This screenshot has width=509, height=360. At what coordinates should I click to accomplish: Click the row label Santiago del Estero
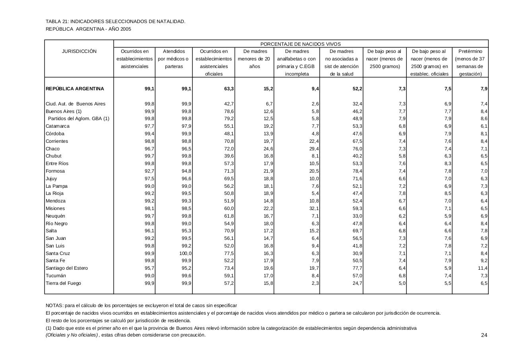pyautogui.click(x=67, y=268)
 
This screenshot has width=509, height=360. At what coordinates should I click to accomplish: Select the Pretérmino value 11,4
pyautogui.click(x=482, y=268)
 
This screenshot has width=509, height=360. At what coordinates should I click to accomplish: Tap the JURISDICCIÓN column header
pyautogui.click(x=79, y=51)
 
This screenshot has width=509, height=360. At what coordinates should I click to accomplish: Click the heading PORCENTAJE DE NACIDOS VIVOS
pyautogui.click(x=300, y=44)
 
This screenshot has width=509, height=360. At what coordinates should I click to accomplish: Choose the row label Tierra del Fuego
pyautogui.click(x=63, y=283)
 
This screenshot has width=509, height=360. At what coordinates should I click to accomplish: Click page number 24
pyautogui.click(x=484, y=335)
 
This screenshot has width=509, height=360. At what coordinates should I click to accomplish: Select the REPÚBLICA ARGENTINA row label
pyautogui.click(x=75, y=89)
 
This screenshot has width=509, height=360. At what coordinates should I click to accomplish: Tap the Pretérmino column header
pyautogui.click(x=470, y=51)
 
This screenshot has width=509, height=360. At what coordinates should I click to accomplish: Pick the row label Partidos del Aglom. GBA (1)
pyautogui.click(x=78, y=119)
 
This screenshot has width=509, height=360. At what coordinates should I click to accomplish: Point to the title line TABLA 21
pyautogui.click(x=115, y=21)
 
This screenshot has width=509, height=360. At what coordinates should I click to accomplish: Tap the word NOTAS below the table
pyautogui.click(x=54, y=306)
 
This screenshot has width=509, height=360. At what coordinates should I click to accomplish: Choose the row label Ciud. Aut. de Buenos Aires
pyautogui.click(x=76, y=104)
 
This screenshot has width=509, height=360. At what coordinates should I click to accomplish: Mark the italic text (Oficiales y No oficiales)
pyautogui.click(x=72, y=335)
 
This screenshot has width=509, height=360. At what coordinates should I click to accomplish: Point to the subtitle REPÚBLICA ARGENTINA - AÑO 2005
pyautogui.click(x=88, y=29)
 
